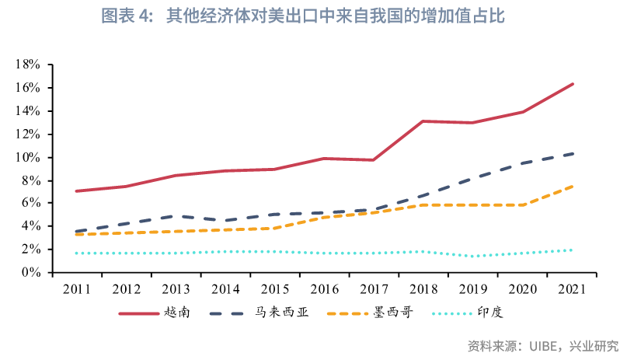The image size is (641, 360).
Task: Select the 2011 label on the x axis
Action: click(x=76, y=289)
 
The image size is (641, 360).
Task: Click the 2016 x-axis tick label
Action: click(x=324, y=289)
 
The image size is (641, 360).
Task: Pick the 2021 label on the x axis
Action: click(x=572, y=289)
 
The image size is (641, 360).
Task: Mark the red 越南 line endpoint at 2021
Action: click(x=573, y=84)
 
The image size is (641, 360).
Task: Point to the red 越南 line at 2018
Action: click(x=423, y=121)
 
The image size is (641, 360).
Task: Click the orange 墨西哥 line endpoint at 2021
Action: click(x=573, y=186)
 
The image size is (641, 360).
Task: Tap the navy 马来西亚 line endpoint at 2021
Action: click(x=573, y=153)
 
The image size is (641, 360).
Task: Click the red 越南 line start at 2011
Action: click(x=76, y=191)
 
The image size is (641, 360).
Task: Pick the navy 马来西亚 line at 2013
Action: click(x=176, y=216)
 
